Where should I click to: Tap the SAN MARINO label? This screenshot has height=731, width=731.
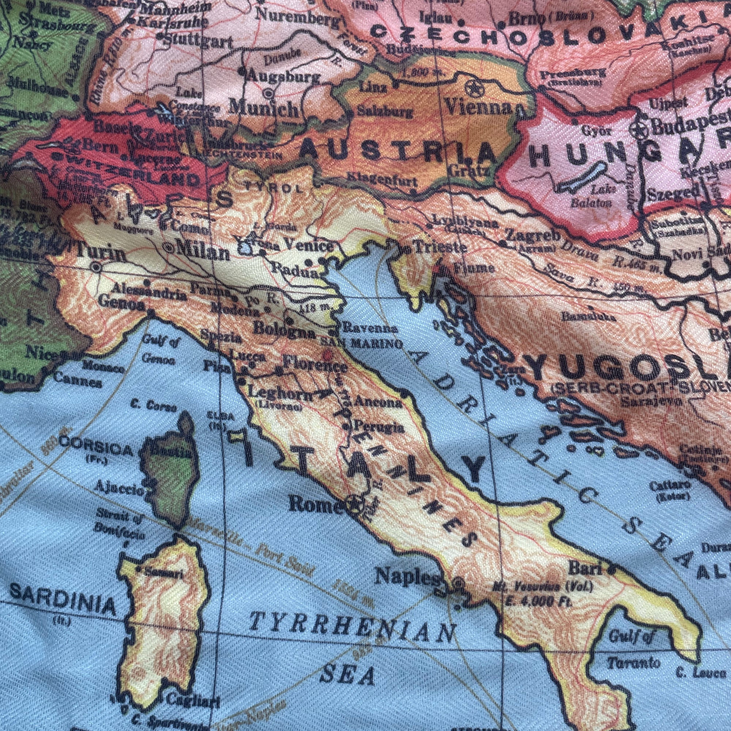pyautogui.click(x=361, y=344)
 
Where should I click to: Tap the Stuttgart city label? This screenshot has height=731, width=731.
pyautogui.click(x=200, y=41)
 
